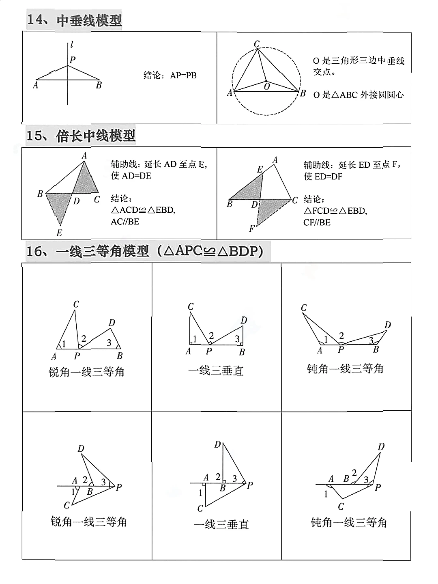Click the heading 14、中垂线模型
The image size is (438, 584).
tap(75, 20)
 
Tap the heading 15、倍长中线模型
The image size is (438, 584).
tap(81, 136)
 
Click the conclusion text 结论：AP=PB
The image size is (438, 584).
tap(170, 75)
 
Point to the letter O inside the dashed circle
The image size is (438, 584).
tap(267, 86)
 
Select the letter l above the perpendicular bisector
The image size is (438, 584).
tap(72, 45)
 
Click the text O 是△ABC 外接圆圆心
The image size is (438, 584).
tap(359, 95)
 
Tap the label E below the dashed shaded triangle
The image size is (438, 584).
tap(59, 233)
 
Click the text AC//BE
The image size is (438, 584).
tap(125, 222)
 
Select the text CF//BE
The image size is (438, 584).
tap(317, 222)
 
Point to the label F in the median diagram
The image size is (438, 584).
tap(251, 229)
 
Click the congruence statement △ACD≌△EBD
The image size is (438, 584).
tap(143, 210)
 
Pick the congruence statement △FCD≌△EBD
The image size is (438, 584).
tap(335, 211)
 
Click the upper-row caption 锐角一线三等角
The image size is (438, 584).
tap(86, 372)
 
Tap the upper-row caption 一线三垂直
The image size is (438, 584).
tap(216, 371)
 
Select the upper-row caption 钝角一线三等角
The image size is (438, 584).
tap(345, 369)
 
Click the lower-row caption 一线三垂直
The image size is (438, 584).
tap(221, 524)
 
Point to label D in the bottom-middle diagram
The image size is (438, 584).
tap(217, 445)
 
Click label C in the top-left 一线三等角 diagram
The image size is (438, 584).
tap(76, 304)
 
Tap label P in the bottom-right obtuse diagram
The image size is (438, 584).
tap(378, 487)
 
